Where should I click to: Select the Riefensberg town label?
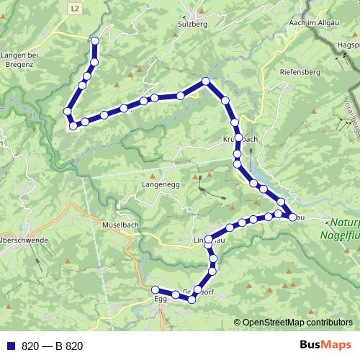(302, 71)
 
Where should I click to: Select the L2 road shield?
(76, 8)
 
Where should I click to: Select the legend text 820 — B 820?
(53, 346)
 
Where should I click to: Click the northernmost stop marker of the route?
(94, 41)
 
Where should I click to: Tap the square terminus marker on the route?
(73, 127)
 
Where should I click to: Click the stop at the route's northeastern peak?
(207, 81)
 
